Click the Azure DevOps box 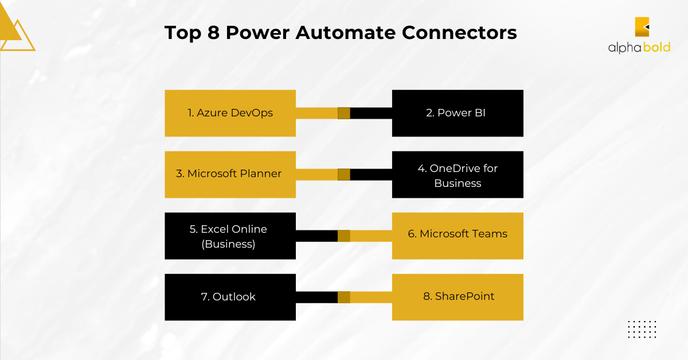coord(230,113)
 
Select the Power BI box coord(458,113)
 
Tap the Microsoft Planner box coord(230,174)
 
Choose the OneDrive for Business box coord(458,174)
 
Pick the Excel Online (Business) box coord(230,236)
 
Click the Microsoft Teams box coord(458,236)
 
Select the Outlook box coord(230,297)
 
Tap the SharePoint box coord(458,297)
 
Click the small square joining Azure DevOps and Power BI coord(344,113)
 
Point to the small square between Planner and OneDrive coord(344,174)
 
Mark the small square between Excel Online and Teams coord(344,236)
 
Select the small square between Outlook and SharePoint coord(344,297)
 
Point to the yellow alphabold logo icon coord(642,27)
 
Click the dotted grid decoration coord(642,329)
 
